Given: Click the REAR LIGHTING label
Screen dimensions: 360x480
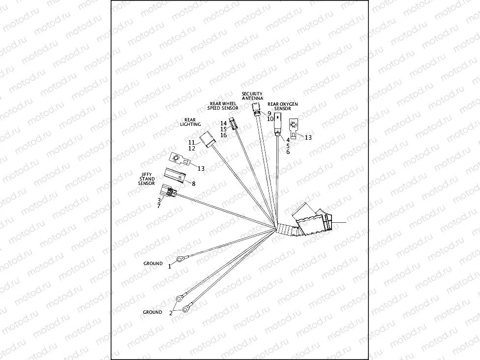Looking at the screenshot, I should [190, 122].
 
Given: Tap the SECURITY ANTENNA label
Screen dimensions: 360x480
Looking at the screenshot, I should [252, 96].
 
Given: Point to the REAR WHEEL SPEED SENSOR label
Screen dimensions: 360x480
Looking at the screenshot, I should [222, 106].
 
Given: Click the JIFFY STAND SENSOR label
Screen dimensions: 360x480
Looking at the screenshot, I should [147, 179].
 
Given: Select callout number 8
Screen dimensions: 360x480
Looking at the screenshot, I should [193, 183].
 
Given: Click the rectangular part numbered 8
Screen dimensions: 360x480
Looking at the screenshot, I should [176, 174].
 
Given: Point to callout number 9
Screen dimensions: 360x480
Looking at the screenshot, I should [270, 113].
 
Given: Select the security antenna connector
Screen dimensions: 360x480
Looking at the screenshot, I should [256, 108].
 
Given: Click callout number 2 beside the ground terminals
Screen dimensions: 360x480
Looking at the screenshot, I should [171, 312].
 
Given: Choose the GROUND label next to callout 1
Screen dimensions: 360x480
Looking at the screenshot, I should [153, 264].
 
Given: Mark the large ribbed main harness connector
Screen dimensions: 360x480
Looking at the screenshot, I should [312, 221].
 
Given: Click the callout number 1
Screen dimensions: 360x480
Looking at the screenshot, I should [170, 266].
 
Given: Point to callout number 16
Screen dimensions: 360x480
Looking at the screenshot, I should [223, 135].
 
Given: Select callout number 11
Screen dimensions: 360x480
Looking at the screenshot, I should [191, 142].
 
